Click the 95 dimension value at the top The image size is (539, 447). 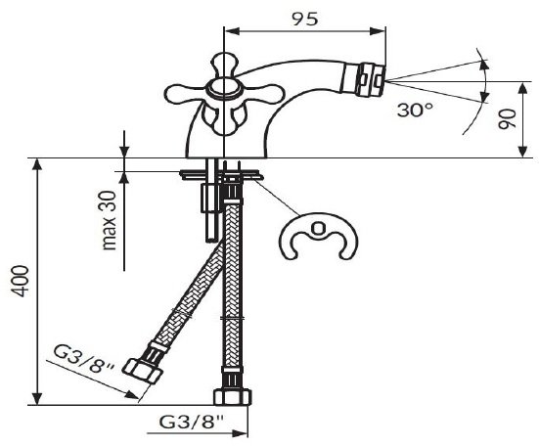[x=305, y=20]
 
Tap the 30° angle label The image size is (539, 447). [x=415, y=111]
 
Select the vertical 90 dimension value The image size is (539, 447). [x=508, y=119]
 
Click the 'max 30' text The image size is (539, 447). [x=110, y=220]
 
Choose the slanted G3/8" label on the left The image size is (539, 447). [x=84, y=359]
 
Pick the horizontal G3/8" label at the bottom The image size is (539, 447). [x=192, y=422]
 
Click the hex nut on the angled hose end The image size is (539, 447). [x=142, y=371]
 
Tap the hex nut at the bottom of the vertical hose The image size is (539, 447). [x=233, y=397]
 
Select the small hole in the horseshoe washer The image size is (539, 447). [x=318, y=228]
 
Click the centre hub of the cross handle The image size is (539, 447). [x=224, y=88]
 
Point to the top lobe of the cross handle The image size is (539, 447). [x=224, y=66]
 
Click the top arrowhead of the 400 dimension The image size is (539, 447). [x=37, y=165]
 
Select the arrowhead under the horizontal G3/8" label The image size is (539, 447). [x=240, y=433]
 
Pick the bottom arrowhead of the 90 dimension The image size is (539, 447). [x=522, y=151]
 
